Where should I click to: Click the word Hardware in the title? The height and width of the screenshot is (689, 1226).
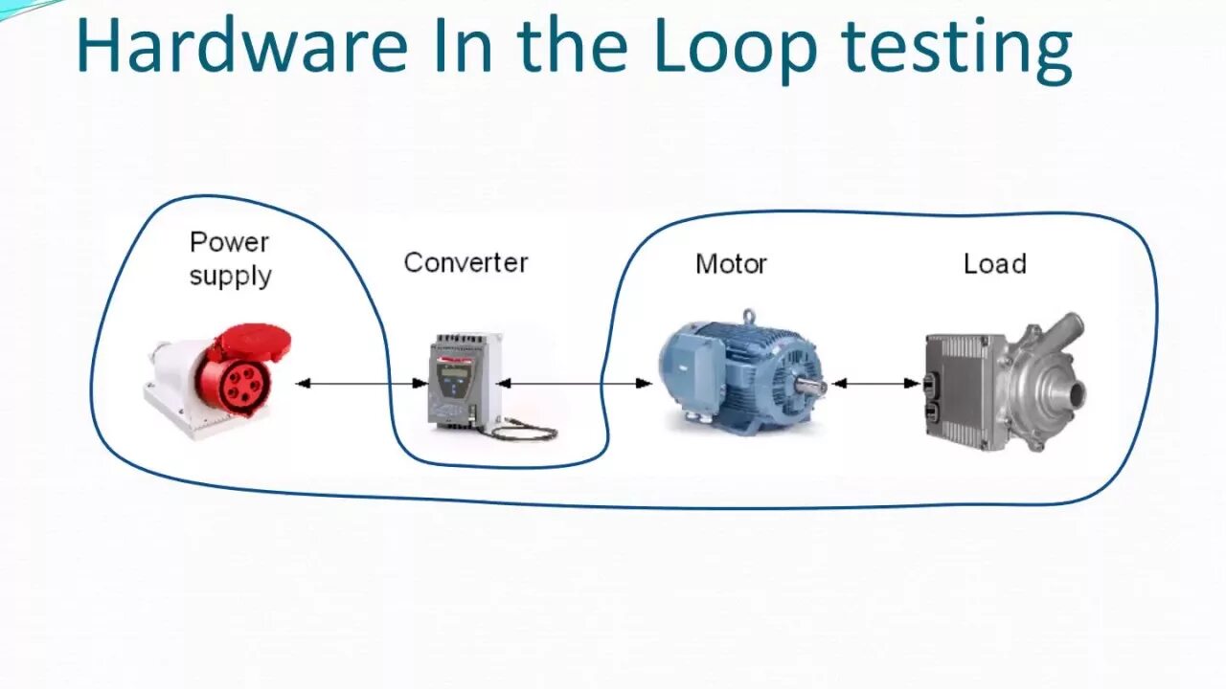(x=241, y=46)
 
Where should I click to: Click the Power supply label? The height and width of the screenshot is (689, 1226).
(x=230, y=258)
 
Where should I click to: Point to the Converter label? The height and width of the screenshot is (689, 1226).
(x=465, y=263)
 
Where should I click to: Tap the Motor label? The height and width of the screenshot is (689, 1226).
(x=731, y=264)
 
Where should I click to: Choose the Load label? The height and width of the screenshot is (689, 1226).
(x=994, y=264)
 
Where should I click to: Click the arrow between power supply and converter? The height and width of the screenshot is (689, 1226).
(x=361, y=384)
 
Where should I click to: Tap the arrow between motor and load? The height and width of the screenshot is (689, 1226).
(x=875, y=384)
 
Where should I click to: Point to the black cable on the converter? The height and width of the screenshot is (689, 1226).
(x=522, y=432)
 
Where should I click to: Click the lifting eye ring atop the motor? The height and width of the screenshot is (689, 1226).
(x=748, y=315)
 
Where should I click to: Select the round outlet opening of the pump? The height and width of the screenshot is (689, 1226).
(x=1077, y=391)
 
